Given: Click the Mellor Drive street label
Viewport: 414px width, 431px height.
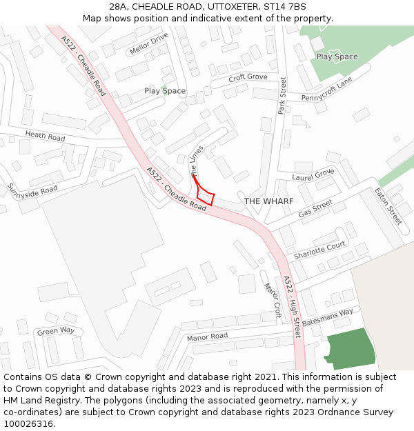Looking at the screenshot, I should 148,43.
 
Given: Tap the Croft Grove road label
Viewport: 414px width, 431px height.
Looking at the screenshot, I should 247,77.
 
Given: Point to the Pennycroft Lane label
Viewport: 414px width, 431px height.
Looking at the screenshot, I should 326,90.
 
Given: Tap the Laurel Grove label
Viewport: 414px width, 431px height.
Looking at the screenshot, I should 313,175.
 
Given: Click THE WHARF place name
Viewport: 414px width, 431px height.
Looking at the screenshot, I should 268,201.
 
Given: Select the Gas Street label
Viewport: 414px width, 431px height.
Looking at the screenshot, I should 315,209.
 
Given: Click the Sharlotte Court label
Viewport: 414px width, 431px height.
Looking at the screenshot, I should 319,250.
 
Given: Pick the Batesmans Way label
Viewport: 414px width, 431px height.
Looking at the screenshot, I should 327,317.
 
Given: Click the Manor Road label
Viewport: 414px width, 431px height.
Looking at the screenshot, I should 207,337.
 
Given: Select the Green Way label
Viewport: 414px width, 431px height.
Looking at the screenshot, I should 56,331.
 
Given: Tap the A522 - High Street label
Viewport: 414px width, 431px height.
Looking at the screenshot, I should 293,307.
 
